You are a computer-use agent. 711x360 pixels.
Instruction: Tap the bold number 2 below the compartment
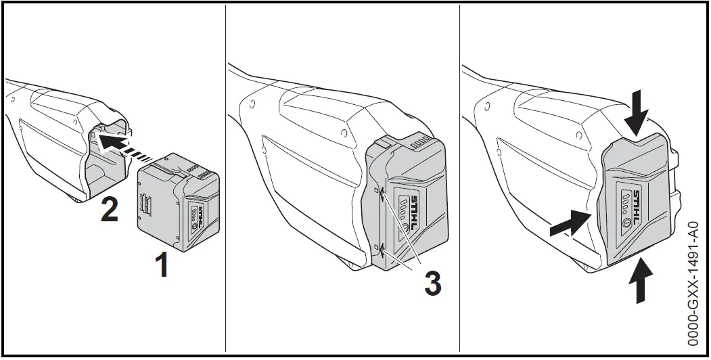tap(110, 210)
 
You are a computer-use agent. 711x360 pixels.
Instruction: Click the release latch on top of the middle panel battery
tap(383, 143)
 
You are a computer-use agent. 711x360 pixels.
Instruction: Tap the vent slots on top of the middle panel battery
tap(420, 144)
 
